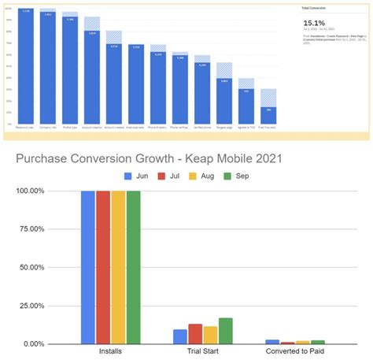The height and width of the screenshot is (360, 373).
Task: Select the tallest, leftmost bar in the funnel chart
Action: (x=25, y=67)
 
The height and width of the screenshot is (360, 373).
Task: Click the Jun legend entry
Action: (x=137, y=176)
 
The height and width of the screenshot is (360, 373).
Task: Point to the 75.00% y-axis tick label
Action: (x=24, y=229)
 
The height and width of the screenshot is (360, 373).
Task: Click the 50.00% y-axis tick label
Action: (x=24, y=268)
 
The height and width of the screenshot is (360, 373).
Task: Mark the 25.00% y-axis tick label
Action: (x=24, y=306)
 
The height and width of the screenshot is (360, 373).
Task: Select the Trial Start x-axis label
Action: (x=202, y=352)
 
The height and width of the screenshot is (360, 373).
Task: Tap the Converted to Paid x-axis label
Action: (x=294, y=352)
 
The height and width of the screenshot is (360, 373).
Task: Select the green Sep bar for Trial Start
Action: (x=226, y=332)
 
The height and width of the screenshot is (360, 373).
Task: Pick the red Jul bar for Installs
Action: (x=102, y=268)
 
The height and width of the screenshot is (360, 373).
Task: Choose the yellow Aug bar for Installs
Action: (x=117, y=268)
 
